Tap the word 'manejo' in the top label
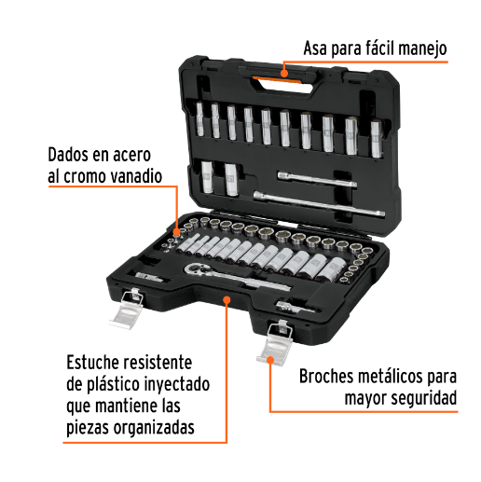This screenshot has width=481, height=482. click(x=419, y=47)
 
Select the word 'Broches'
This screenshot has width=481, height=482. click(x=329, y=378)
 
